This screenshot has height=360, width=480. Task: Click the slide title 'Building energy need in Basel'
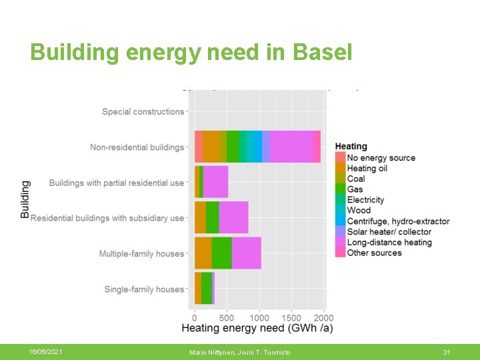[x=191, y=52]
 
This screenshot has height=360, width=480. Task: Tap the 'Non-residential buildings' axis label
[x=137, y=147]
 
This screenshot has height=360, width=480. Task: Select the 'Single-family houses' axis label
[x=144, y=289]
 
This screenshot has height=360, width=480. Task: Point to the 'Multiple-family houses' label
[x=141, y=253]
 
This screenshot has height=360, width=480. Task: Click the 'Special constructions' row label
[x=143, y=111]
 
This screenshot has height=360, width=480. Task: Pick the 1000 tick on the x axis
[x=260, y=318]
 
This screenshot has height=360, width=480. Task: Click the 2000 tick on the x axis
[x=324, y=318]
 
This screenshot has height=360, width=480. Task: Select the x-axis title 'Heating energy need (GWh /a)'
[x=257, y=329]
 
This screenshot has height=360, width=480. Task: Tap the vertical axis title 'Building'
[x=25, y=199]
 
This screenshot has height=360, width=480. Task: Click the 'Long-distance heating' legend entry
[x=389, y=242]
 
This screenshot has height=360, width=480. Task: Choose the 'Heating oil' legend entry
[x=367, y=168]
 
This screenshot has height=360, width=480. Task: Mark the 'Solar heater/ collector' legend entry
[x=389, y=231]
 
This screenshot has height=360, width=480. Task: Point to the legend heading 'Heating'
[x=351, y=146]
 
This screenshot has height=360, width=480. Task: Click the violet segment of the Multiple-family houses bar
[x=246, y=253]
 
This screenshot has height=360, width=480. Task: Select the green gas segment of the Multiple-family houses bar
[x=221, y=253]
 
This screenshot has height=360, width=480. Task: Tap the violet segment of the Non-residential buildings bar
[x=291, y=147]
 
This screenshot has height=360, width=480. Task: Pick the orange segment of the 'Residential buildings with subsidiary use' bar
[x=200, y=217]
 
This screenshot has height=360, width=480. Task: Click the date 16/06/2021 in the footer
[x=45, y=351]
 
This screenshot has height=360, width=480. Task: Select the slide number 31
[x=447, y=351]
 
